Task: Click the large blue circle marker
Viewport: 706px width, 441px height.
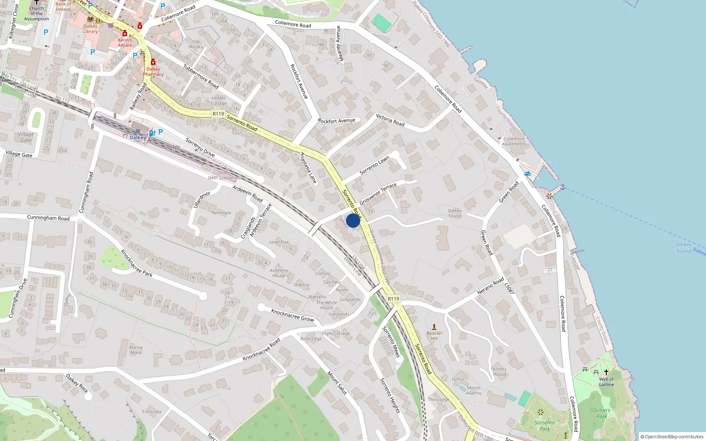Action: [x=353, y=220]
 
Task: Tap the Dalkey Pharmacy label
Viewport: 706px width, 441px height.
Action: [x=153, y=71]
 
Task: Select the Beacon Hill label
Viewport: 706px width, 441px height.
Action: [x=434, y=336]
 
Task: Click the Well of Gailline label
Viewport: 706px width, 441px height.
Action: [x=606, y=381]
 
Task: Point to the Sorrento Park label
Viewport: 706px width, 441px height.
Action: [x=545, y=426]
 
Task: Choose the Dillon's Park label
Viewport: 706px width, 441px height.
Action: [x=602, y=413]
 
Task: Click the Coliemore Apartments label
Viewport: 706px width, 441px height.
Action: [x=514, y=141]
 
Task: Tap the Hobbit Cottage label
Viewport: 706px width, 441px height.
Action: [x=218, y=101]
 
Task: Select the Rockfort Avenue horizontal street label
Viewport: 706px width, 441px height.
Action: [x=336, y=120]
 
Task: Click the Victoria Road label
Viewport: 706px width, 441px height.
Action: [x=390, y=120]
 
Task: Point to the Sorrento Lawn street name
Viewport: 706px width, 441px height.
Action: [x=375, y=165]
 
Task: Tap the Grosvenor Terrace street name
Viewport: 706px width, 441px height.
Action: [x=378, y=194]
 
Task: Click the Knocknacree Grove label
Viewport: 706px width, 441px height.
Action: [x=293, y=315]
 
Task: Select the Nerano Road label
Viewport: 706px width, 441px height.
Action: [x=490, y=286]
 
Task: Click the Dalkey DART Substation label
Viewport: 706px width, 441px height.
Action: [x=224, y=175]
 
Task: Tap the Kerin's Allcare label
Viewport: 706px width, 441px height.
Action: [x=125, y=42]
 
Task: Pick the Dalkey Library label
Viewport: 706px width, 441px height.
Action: [x=90, y=29]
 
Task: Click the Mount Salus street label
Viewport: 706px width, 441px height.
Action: [x=337, y=382]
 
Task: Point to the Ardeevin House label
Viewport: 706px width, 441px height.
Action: [x=279, y=273]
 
